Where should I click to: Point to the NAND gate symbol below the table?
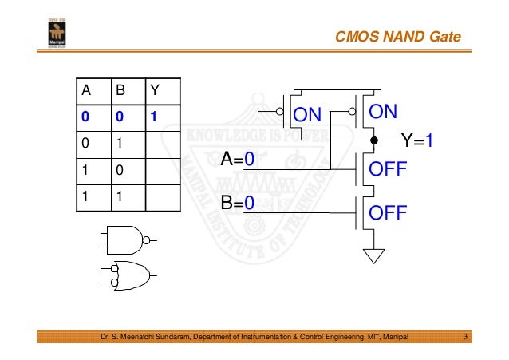128,238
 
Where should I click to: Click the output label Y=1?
417,141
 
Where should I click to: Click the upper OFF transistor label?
385,170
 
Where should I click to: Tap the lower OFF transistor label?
385,213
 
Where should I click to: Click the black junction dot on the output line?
373,140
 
